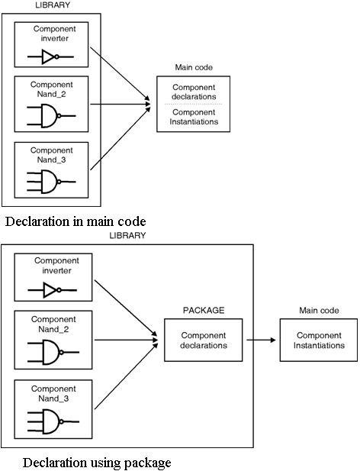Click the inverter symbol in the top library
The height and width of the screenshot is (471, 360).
click(50, 56)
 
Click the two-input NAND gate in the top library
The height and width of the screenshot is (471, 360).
click(51, 116)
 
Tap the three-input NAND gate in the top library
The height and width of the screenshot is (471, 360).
click(51, 182)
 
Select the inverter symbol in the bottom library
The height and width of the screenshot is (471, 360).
click(52, 290)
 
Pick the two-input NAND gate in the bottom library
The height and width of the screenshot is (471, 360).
click(53, 352)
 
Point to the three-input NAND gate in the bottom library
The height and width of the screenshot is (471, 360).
click(53, 421)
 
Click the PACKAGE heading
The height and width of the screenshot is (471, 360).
click(204, 310)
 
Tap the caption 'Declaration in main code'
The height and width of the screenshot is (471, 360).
click(76, 221)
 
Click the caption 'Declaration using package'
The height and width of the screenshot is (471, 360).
click(97, 463)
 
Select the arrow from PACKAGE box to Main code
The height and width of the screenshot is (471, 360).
click(261, 340)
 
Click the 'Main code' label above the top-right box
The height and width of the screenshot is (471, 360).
click(194, 67)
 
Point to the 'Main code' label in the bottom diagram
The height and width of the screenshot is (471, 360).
click(319, 310)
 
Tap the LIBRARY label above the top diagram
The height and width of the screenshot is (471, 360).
click(53, 5)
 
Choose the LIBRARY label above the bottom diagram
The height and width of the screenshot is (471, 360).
click(127, 235)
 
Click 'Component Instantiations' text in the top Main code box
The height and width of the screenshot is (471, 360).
click(194, 117)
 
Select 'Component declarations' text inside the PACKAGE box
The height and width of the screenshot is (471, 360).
click(204, 340)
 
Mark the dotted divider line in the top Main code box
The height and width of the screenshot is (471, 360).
click(194, 105)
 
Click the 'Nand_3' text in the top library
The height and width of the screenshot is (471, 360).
click(51, 160)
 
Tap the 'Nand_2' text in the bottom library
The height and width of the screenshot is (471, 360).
click(53, 329)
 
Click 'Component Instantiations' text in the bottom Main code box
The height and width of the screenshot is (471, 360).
click(319, 340)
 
